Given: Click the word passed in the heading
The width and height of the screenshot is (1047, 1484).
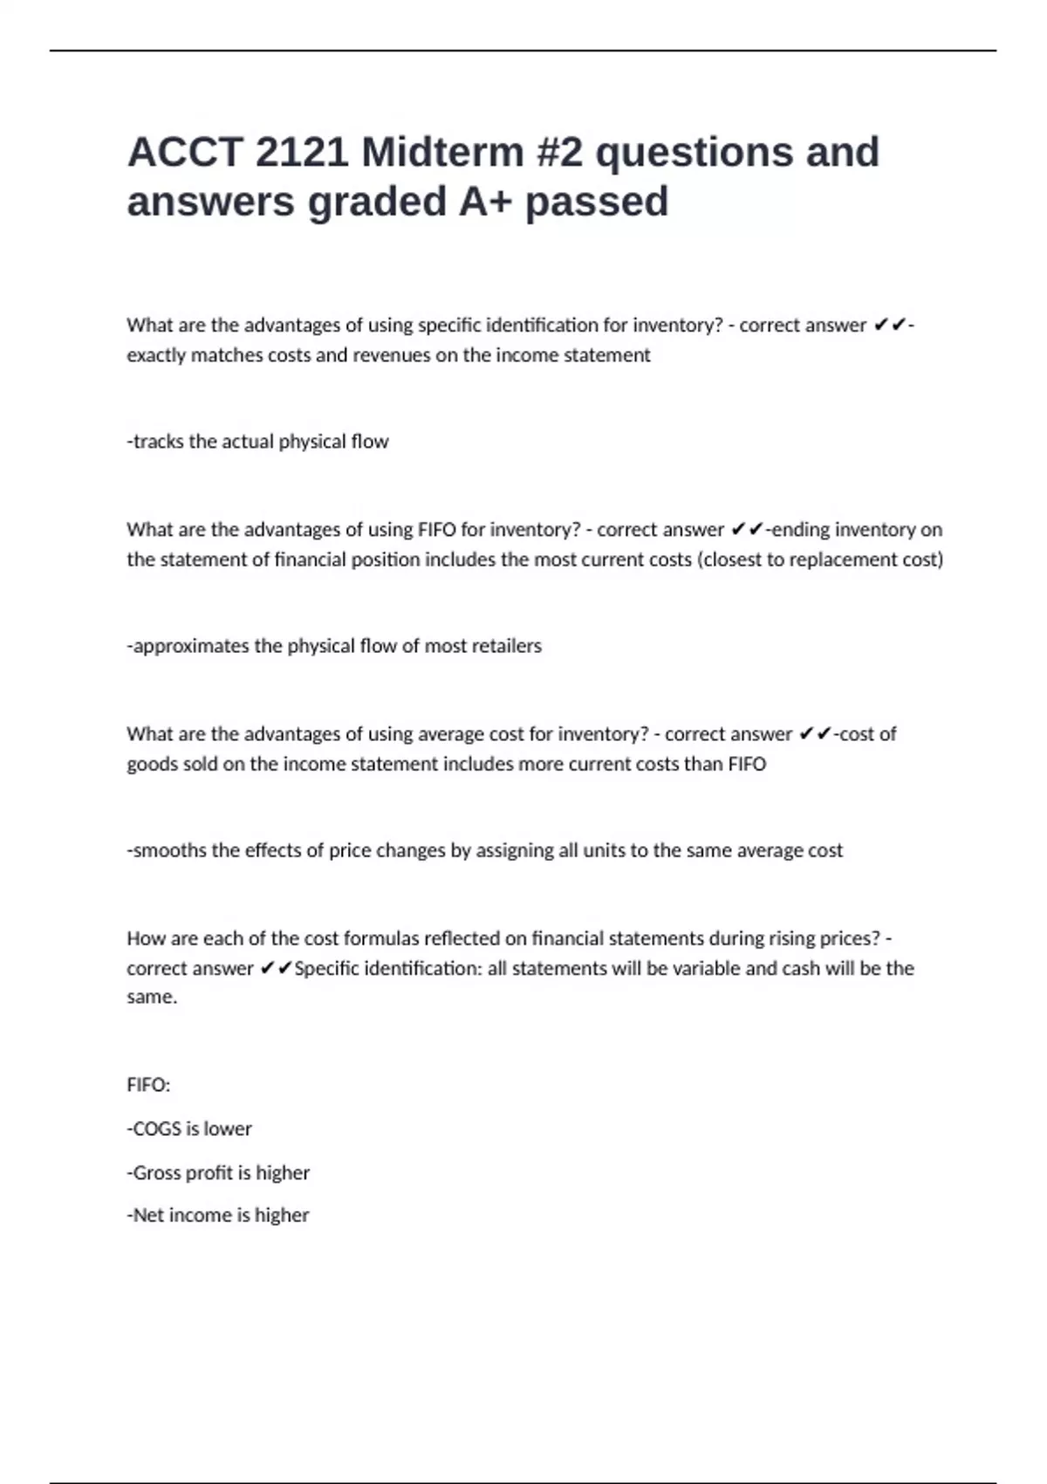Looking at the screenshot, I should (x=597, y=202).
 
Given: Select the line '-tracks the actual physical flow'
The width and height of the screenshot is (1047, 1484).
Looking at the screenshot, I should (x=257, y=442).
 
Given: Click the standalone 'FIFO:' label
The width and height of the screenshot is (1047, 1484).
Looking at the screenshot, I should (x=148, y=1085).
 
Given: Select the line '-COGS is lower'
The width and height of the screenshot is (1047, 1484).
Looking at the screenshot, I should (x=189, y=1129).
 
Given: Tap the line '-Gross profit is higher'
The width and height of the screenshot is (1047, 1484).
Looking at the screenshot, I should (x=218, y=1172).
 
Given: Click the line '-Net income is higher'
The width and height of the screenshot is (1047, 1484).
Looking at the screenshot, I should (x=218, y=1215).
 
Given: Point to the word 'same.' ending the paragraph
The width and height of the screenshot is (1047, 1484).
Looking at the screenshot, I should (x=152, y=997).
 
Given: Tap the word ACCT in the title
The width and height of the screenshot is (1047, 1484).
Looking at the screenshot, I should (x=184, y=152).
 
